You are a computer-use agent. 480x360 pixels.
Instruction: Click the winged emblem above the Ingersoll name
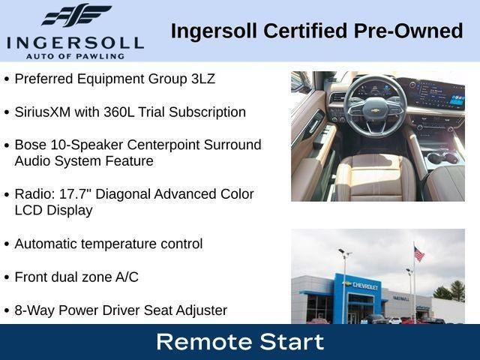76,15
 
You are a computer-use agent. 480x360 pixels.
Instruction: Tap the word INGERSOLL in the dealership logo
75,43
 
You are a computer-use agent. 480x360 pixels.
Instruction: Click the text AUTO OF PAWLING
75,56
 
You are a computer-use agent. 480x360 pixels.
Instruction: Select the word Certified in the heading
305,31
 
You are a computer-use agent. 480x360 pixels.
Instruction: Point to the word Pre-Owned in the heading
408,31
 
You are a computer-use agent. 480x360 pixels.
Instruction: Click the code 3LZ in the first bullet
203,79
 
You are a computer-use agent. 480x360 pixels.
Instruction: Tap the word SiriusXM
42,112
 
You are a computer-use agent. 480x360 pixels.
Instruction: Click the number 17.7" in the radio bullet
75,194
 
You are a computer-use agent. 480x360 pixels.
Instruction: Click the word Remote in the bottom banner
205,342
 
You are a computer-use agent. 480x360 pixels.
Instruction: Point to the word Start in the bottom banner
292,342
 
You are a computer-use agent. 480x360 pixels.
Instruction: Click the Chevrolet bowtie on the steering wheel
375,110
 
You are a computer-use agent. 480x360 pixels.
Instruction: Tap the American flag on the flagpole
418,254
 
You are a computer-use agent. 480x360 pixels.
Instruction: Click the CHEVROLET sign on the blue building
365,286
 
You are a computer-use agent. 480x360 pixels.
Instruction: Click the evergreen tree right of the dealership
457,290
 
